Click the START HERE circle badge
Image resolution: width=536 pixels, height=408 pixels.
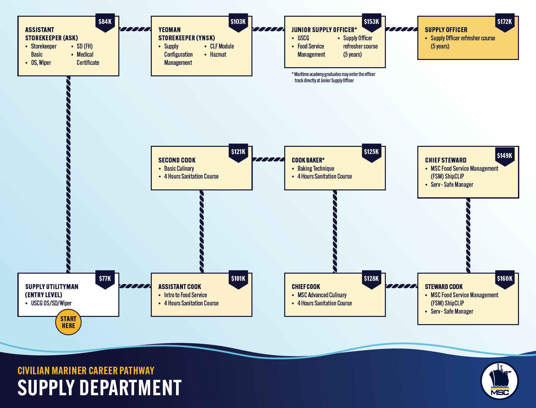pos(69,322)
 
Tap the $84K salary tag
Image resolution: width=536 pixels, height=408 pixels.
pos(105,23)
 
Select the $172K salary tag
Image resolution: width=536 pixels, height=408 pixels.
pos(505,23)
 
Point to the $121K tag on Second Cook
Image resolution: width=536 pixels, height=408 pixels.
pos(238,153)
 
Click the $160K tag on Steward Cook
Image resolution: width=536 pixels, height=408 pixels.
pos(505,280)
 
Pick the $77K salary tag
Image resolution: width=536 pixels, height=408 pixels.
pos(105,280)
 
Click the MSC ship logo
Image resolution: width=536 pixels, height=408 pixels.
pos(499,381)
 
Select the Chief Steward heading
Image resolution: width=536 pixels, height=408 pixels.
pos(446,160)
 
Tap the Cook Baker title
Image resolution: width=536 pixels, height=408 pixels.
pos(308,160)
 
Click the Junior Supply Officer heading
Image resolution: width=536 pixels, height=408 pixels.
pos(324,30)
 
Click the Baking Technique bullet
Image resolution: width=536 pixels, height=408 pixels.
pos(313,168)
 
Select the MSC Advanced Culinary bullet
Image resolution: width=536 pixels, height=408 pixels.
pos(319,295)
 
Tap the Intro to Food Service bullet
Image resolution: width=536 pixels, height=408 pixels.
pos(183,295)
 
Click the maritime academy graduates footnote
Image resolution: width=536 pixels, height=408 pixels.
pos(333,77)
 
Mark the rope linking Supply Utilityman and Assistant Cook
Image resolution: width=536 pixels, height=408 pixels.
pos(135,286)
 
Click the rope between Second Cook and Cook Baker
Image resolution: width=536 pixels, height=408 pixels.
pos(268,160)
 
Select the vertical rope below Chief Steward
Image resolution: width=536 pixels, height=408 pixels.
pos(468,236)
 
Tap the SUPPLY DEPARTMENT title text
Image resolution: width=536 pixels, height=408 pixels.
pos(100,388)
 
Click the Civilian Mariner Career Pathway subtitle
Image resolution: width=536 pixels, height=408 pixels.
pos(86,371)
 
